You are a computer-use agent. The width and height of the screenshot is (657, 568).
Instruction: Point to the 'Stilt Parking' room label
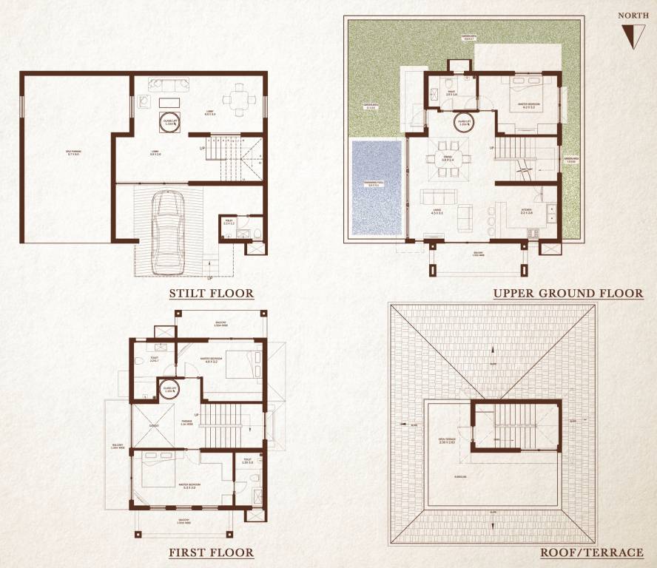click(73, 153)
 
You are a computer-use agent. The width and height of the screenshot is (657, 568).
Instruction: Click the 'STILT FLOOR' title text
click(212, 294)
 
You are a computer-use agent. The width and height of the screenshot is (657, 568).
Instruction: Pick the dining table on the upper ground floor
click(448, 159)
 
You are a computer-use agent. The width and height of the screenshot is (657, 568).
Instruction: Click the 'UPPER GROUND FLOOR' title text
click(567, 294)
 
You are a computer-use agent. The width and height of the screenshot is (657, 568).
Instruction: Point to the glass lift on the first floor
click(169, 390)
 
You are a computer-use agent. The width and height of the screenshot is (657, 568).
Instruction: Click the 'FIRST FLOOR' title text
click(211, 552)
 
